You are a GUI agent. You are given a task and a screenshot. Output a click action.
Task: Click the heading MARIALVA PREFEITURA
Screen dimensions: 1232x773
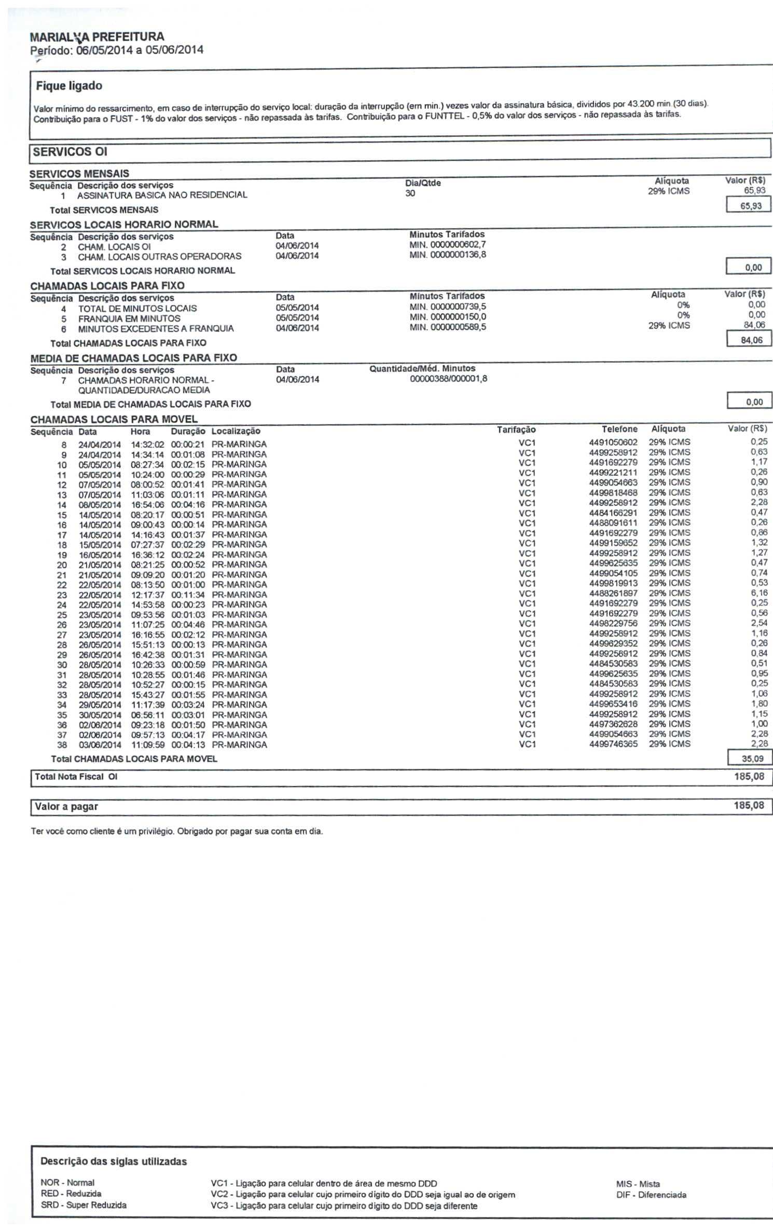[x=97, y=37]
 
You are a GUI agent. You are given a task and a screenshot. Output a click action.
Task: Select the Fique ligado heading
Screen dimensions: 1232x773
[x=69, y=86]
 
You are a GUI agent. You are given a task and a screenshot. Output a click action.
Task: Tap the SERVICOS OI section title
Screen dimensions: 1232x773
[x=70, y=152]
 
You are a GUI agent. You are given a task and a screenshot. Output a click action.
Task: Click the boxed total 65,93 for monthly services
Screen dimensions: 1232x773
[x=750, y=206]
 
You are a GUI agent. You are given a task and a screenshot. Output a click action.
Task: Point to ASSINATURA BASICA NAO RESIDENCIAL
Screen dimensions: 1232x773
[x=162, y=196]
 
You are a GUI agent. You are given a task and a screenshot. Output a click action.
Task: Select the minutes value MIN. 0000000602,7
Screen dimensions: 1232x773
[x=448, y=245]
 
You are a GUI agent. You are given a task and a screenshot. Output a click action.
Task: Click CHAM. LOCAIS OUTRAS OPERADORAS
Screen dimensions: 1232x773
[x=159, y=257]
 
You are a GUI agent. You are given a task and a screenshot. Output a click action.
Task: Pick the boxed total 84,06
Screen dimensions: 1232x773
[x=750, y=340]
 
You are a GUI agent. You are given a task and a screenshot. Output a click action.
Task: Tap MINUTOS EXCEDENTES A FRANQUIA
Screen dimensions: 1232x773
[x=156, y=329]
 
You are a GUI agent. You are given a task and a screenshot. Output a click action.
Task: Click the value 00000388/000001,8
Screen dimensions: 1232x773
[x=448, y=379]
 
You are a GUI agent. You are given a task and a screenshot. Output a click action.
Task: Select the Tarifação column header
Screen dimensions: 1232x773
[x=516, y=430]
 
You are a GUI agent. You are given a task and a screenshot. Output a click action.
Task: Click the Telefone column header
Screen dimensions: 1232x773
[x=619, y=429]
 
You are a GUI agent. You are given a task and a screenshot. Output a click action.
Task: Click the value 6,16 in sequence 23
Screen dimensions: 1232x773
[x=759, y=593]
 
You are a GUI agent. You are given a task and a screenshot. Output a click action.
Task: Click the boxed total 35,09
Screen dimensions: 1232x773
[x=750, y=758]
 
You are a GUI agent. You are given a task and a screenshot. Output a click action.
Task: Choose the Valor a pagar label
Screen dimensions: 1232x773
[x=66, y=807]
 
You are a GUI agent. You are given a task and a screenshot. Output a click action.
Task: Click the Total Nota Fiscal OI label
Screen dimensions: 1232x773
[x=76, y=777]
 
